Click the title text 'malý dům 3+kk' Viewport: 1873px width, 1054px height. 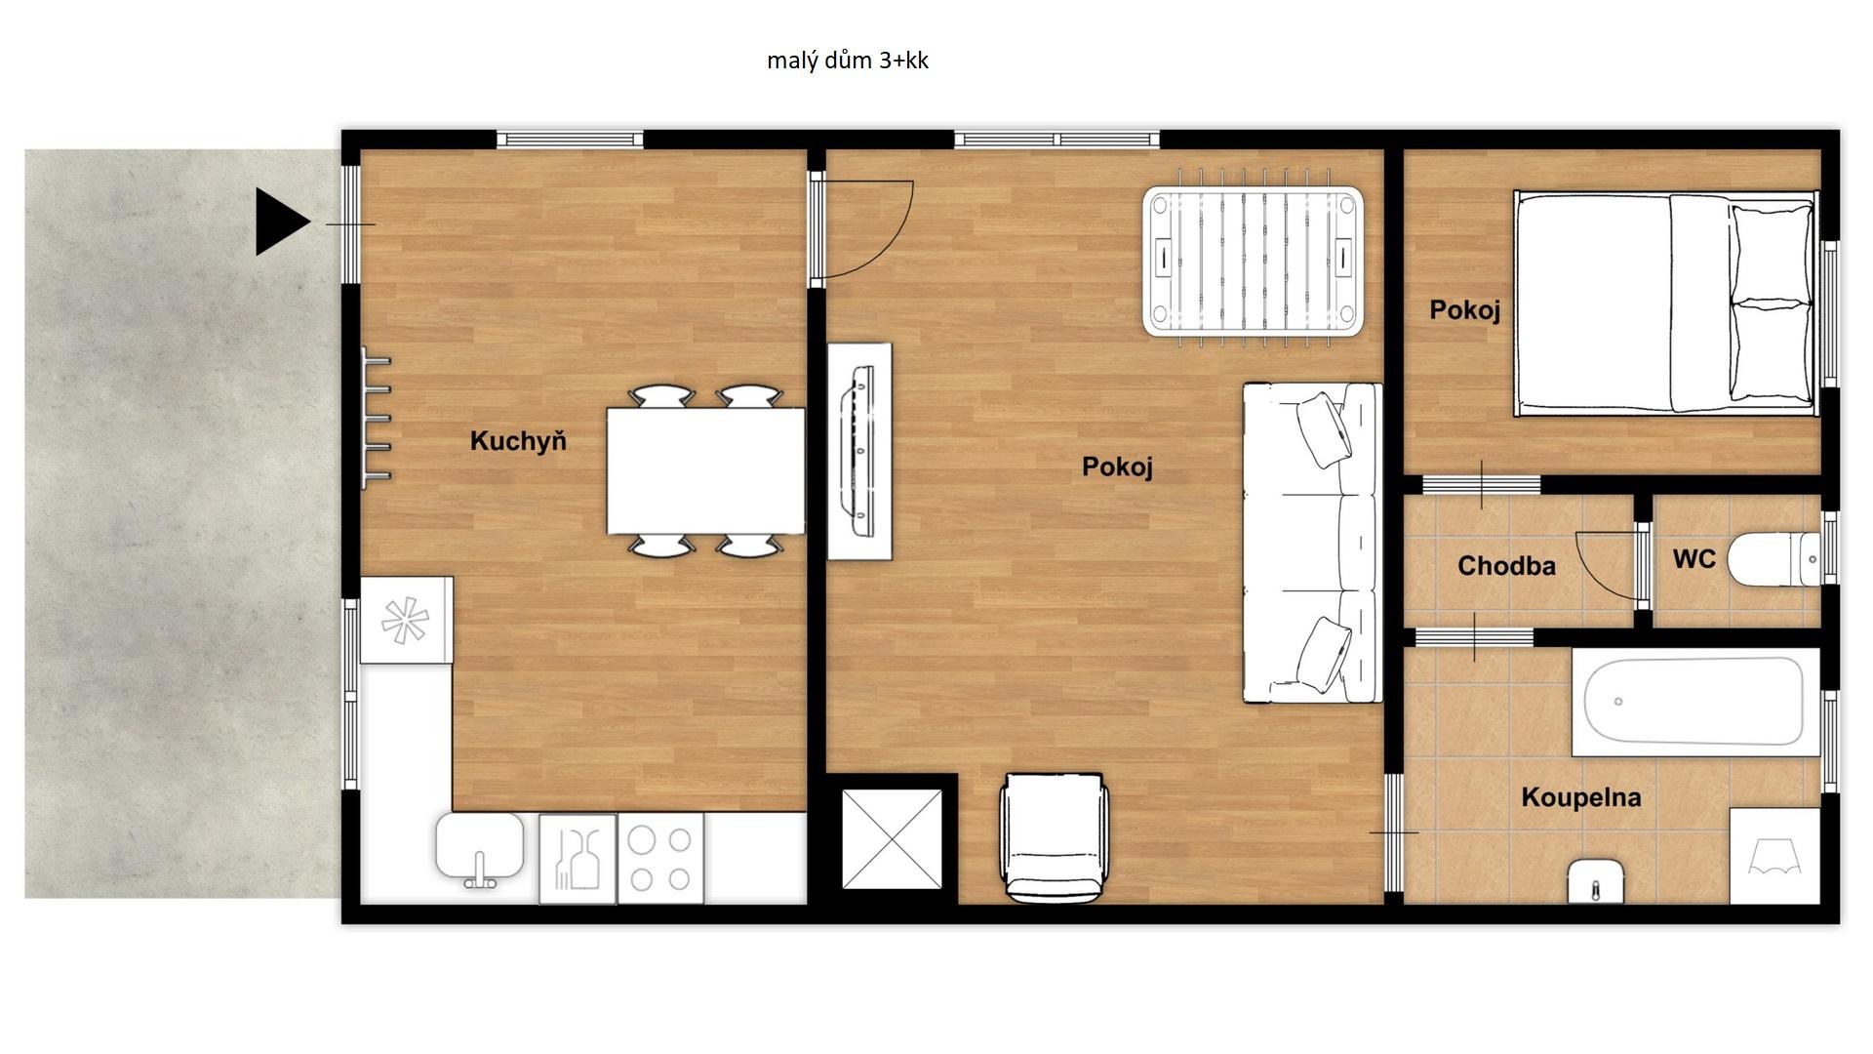click(848, 61)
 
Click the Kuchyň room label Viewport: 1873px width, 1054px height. click(518, 441)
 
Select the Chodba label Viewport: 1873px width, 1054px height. click(1506, 566)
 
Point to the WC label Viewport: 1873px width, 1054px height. click(1694, 559)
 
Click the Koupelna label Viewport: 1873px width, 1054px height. click(1581, 797)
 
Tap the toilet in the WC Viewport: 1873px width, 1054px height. click(1773, 560)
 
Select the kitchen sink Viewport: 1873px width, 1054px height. click(480, 849)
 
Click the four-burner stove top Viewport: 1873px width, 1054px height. click(660, 859)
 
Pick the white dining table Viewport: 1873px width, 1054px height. click(705, 470)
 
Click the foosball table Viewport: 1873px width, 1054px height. click(1254, 261)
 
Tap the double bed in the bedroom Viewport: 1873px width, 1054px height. click(1666, 304)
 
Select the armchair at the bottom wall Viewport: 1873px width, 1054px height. click(1055, 837)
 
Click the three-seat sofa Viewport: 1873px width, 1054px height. click(1312, 543)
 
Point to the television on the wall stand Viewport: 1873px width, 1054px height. click(859, 451)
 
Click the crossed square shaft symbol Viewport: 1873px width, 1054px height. click(892, 839)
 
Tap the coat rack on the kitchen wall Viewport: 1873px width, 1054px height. click(376, 419)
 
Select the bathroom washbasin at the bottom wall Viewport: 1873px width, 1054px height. click(1595, 881)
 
